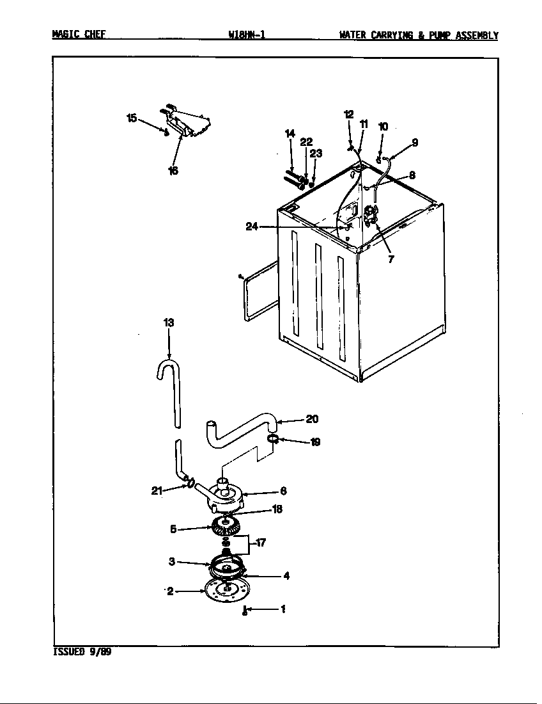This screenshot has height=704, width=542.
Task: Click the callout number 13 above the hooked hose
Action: pos(168,323)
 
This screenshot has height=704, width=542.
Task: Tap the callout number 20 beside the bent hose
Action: pos(311,419)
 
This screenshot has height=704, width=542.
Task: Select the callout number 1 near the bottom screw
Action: pos(282,609)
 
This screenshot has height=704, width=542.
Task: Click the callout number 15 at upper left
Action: pos(131,118)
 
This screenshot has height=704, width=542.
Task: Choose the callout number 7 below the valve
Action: pos(391,259)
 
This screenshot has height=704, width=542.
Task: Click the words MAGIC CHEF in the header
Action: pos(79,35)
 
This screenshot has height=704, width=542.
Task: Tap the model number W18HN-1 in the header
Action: pos(246,35)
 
